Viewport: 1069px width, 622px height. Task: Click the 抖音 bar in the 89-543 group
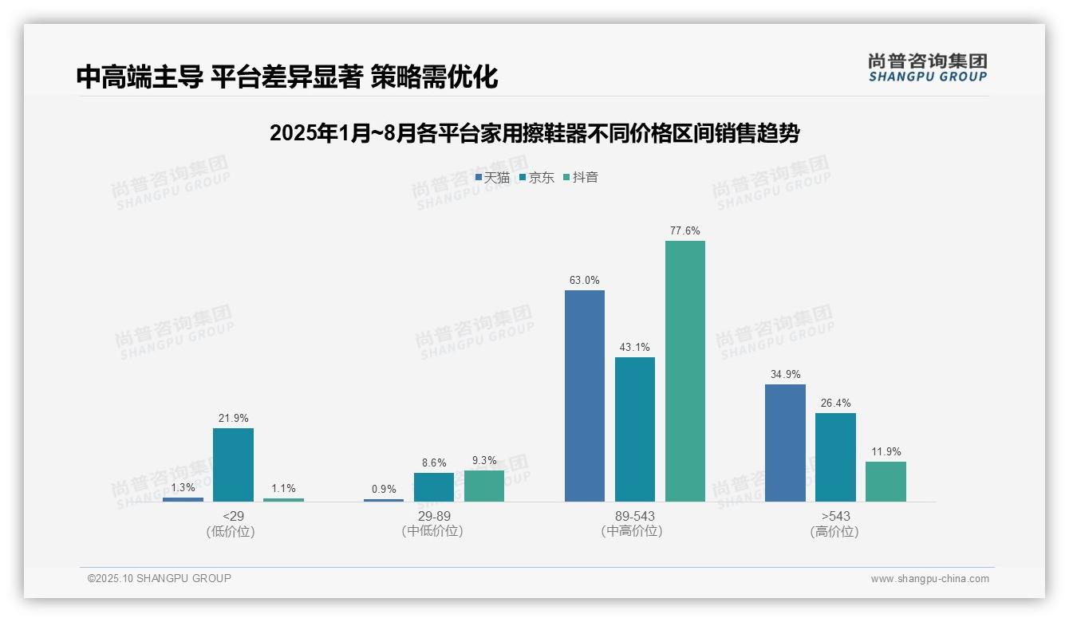pos(684,371)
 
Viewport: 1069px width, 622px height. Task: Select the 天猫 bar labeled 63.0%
pos(584,396)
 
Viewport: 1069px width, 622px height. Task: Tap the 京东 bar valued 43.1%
pos(634,429)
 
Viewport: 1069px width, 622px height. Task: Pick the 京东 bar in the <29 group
pos(233,465)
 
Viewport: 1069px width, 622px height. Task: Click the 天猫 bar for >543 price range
pos(785,443)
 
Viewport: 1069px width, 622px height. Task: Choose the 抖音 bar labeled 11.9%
pos(886,482)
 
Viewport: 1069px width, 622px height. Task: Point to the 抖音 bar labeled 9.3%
pos(484,486)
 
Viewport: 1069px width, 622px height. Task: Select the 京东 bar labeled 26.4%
pos(835,457)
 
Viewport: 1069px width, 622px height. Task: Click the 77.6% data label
pos(684,231)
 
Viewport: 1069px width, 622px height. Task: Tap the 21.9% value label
pos(233,418)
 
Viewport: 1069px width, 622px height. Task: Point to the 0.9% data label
pos(384,489)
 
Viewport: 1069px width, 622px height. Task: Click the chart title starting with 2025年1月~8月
pos(534,133)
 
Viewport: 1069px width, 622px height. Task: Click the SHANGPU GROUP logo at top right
pos(927,67)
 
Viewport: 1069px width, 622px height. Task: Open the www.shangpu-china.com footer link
pos(929,579)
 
